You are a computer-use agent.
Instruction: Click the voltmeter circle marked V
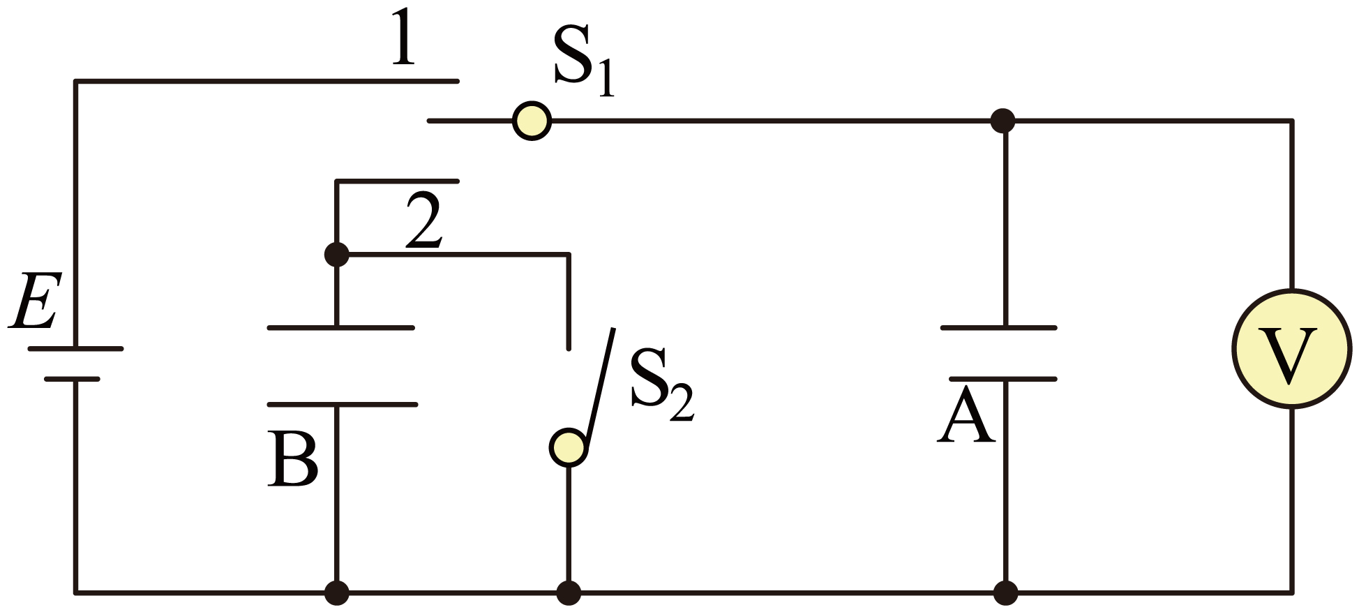[1291, 348]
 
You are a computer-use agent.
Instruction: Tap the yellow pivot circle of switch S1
[532, 121]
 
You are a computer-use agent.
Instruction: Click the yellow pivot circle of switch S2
[569, 447]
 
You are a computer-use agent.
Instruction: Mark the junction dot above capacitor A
[1003, 121]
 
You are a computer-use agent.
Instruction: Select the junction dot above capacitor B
[337, 255]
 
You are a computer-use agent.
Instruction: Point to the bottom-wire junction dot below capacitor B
[337, 593]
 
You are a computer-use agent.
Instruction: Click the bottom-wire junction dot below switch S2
[569, 593]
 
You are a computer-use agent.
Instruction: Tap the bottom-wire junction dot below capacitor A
[1005, 593]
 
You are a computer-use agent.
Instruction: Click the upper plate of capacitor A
[998, 327]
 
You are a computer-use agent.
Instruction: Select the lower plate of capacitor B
[342, 405]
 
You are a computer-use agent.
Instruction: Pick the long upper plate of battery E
[75, 348]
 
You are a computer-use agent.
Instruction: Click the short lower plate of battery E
[72, 379]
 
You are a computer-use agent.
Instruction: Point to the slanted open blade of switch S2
[600, 387]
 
